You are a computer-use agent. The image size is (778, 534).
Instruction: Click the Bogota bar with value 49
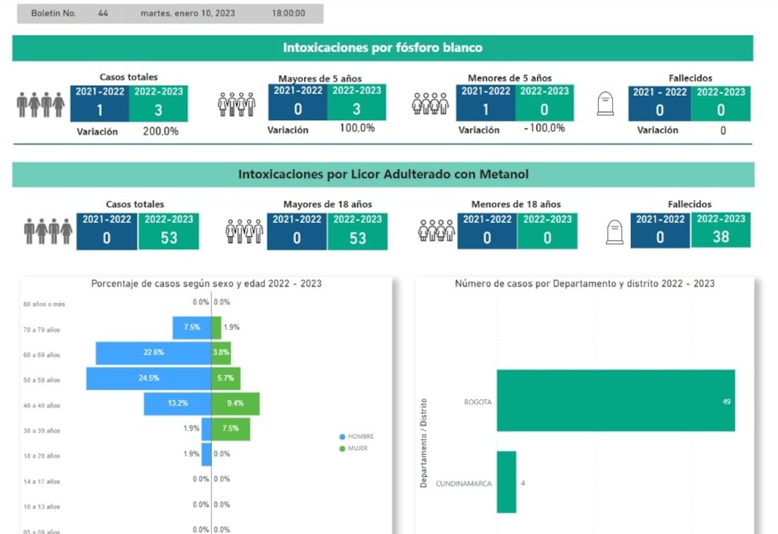(x=615, y=400)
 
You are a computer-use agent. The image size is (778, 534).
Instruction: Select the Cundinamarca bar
(x=506, y=482)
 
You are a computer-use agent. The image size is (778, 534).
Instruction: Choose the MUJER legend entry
(x=357, y=448)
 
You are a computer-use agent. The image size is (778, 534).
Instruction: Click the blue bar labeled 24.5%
(x=148, y=378)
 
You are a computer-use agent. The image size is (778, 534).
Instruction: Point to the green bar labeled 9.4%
(x=235, y=403)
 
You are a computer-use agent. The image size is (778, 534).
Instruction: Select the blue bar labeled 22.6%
(x=153, y=352)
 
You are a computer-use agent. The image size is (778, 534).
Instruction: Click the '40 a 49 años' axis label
(x=42, y=406)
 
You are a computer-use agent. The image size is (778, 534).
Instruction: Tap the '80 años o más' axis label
(x=44, y=304)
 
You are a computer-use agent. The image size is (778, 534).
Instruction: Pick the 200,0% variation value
(x=160, y=131)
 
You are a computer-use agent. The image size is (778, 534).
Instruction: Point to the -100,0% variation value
(x=543, y=128)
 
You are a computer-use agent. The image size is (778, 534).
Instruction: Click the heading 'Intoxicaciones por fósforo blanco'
(x=382, y=48)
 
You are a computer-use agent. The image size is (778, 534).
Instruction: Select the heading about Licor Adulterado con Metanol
(x=383, y=174)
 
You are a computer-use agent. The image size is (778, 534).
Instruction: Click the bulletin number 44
(x=103, y=13)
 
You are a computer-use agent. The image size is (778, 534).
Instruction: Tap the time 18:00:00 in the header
(x=289, y=13)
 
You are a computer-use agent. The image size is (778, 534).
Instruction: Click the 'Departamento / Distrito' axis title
(x=424, y=443)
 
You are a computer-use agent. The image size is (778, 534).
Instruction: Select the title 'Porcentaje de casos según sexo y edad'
(x=206, y=284)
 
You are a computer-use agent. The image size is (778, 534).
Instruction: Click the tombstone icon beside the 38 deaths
(x=615, y=231)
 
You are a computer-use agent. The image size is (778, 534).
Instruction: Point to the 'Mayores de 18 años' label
(x=328, y=205)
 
